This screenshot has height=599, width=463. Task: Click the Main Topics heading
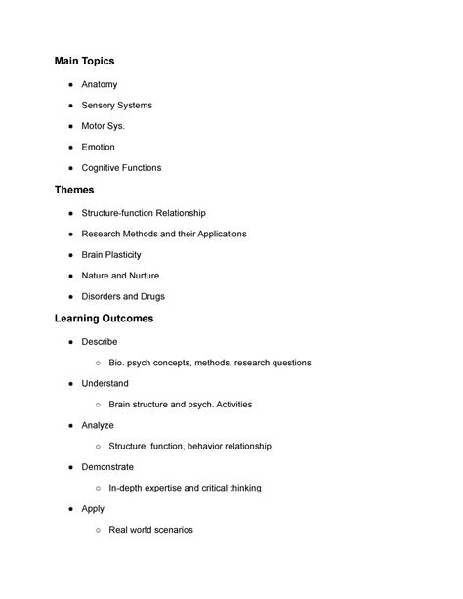tap(84, 61)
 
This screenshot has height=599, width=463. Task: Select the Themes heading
tap(74, 190)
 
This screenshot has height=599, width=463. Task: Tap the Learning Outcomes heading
tap(104, 319)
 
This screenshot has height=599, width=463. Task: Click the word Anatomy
tap(99, 85)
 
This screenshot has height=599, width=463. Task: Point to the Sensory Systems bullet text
tap(116, 106)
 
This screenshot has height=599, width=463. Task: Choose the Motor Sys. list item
tap(104, 126)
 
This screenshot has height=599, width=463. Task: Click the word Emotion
tap(98, 147)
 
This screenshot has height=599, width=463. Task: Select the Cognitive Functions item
tap(121, 168)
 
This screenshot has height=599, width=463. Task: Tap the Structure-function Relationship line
tap(144, 213)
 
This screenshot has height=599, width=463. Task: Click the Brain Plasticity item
tap(111, 255)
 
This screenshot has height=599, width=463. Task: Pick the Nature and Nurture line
tap(120, 276)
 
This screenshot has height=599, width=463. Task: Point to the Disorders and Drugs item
tap(122, 296)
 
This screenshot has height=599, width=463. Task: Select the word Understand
tap(105, 384)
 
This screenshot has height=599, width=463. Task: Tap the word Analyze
tap(98, 425)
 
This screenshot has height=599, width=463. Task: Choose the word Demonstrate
tap(107, 467)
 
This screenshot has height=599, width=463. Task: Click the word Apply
tap(93, 509)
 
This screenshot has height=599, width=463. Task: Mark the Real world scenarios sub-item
tap(150, 530)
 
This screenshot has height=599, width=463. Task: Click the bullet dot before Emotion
tap(71, 148)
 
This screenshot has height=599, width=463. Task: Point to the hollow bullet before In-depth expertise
tap(100, 489)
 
